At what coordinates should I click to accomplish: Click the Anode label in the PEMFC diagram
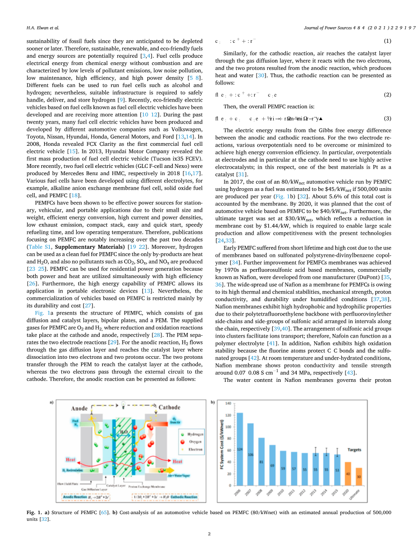coord(79,408)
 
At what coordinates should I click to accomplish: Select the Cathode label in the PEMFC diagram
coord(169,408)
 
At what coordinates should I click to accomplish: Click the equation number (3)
coord(387,119)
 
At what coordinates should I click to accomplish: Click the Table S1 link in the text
coord(39,247)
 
